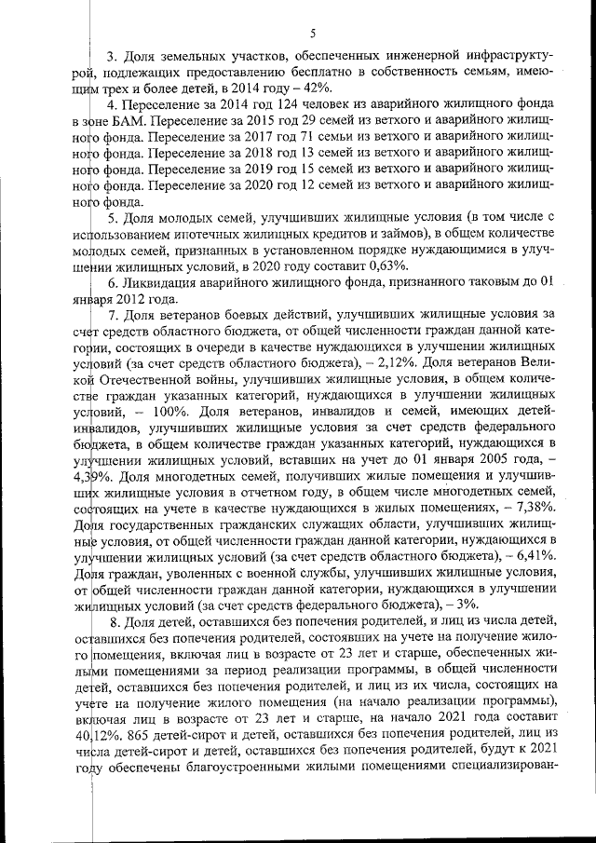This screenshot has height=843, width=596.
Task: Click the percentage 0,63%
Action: [x=392, y=264]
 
